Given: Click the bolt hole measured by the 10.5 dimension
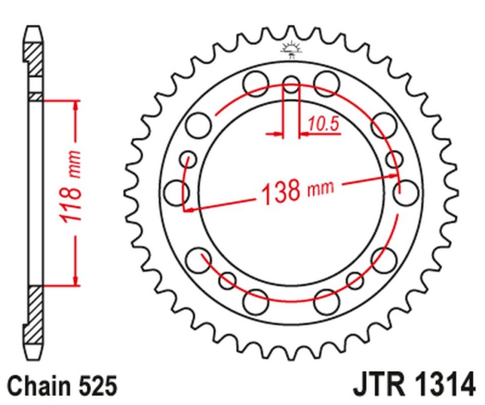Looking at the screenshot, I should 292,85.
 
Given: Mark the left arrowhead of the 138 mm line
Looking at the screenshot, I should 189,210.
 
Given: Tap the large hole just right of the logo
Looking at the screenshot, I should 326,81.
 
